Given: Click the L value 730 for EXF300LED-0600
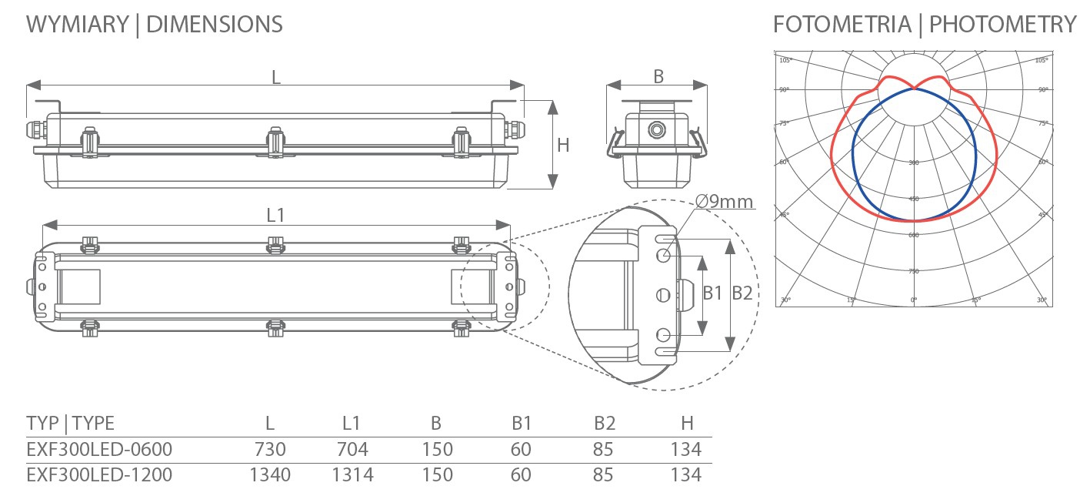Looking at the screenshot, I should pos(269,449).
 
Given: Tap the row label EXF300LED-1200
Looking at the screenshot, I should pos(99,474).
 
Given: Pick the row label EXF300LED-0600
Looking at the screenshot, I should pos(99,449).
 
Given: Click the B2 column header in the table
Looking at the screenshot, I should pos(603,423).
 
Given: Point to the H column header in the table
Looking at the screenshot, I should pos(687,423).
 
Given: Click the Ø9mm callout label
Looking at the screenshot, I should pos(724,201).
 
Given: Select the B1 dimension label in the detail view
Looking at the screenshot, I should pos(713,293).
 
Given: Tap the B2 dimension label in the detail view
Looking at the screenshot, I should pos(742,293).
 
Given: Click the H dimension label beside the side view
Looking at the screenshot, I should pos(563,145).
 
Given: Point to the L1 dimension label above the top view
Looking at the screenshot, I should pos(275,216).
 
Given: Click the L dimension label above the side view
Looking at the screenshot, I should pos(275,76).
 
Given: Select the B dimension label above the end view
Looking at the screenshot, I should pos(658,76).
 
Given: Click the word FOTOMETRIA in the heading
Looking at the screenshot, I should pos(841,25).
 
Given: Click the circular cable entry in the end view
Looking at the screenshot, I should pos(656,129).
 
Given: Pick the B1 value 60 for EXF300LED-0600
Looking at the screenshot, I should pos(521,449).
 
